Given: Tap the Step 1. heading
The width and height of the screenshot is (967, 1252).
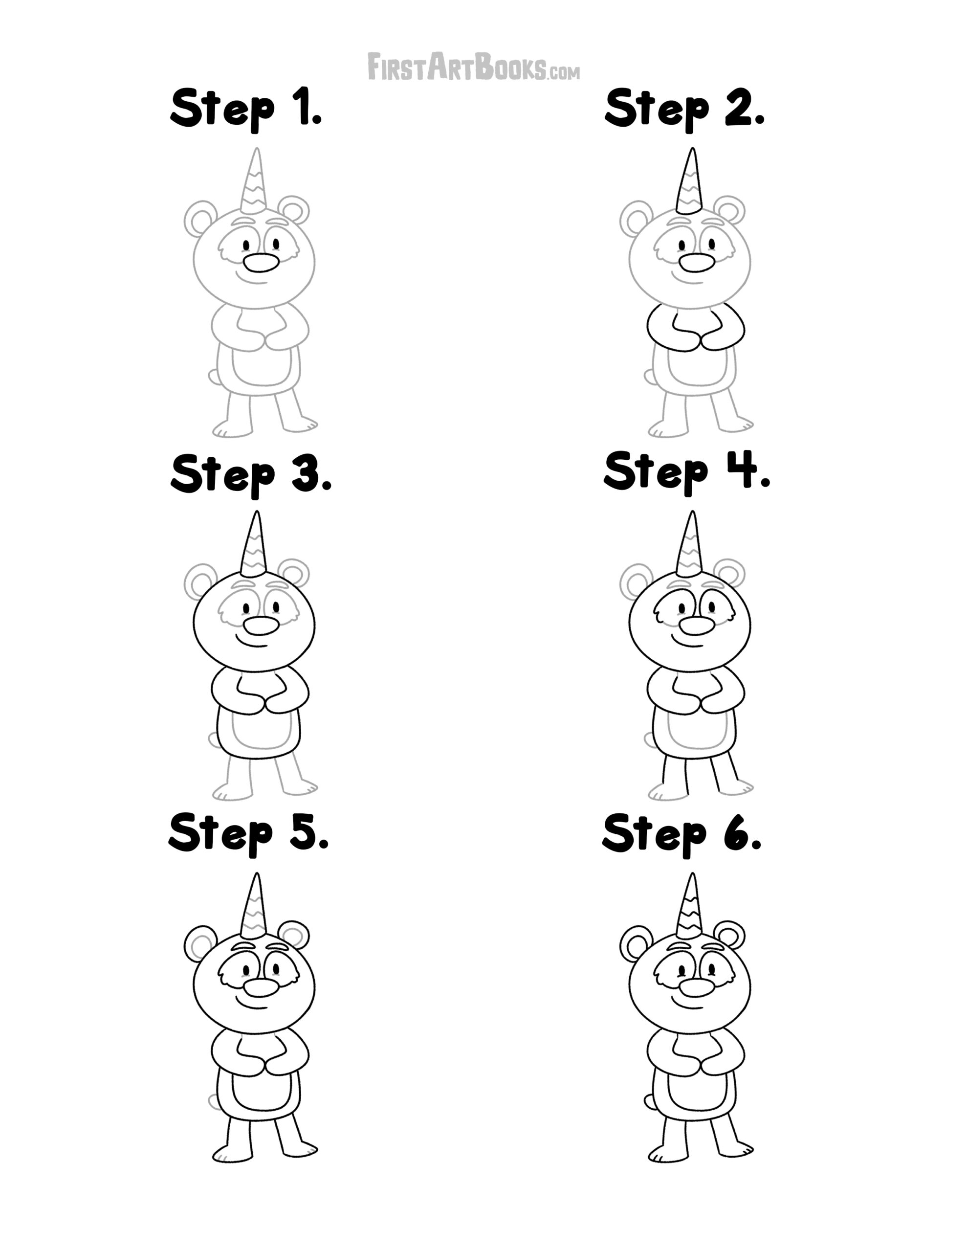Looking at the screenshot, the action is pos(246,109).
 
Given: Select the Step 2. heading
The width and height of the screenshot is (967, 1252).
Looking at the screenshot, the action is pos(684,109).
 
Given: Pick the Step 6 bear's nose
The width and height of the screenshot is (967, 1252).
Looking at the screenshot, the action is pos(697,987).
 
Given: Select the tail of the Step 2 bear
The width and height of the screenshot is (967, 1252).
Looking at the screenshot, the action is pos(649,377).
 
